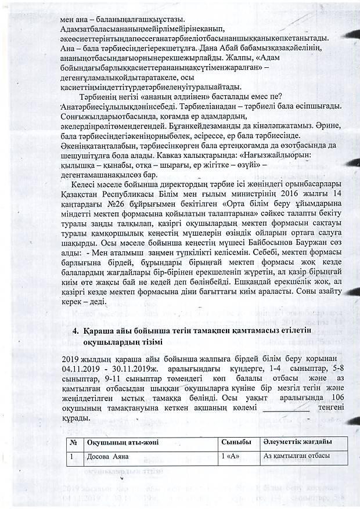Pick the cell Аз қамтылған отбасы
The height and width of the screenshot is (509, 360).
297,456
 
